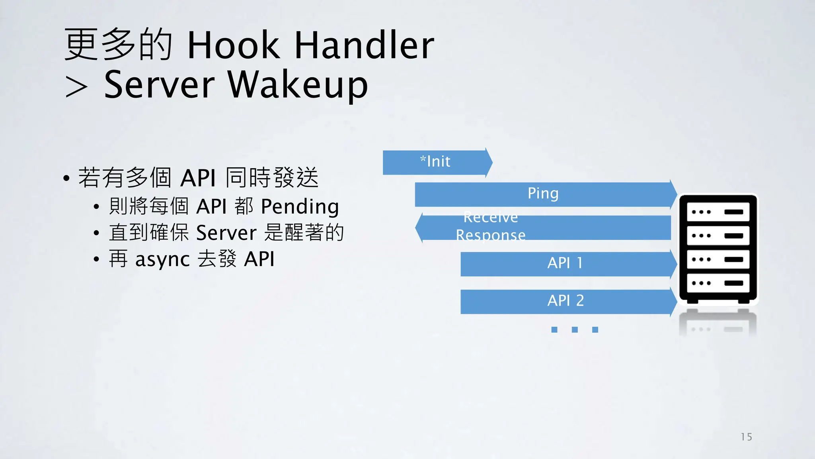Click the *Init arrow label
(x=435, y=162)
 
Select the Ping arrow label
(x=543, y=194)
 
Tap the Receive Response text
(x=491, y=226)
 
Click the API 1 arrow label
(x=565, y=263)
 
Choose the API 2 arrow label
(x=565, y=300)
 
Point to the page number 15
(x=746, y=437)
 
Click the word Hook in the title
(x=234, y=45)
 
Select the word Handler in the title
(x=364, y=45)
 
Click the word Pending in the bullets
(x=300, y=207)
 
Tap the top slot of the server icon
(x=718, y=212)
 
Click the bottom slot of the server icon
(x=718, y=283)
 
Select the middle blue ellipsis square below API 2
(x=575, y=330)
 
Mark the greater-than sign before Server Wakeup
(x=76, y=87)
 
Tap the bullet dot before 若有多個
(x=66, y=178)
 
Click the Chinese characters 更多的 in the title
(x=118, y=45)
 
